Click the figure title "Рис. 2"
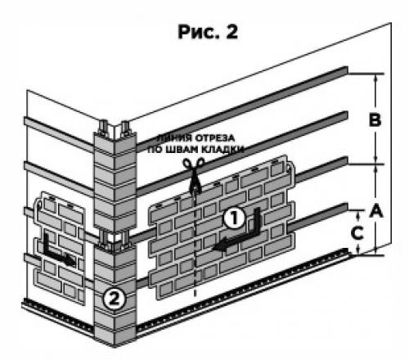(x=208, y=32)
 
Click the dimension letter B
(x=375, y=119)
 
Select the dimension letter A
(x=376, y=210)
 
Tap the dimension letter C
(x=357, y=233)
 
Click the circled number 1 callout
(x=235, y=218)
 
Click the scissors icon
(x=194, y=174)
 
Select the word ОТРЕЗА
(x=215, y=137)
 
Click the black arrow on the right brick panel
(x=237, y=232)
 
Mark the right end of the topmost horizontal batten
(x=347, y=70)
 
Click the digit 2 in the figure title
(x=231, y=32)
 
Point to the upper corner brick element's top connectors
(x=115, y=128)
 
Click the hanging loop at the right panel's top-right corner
(x=290, y=167)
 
